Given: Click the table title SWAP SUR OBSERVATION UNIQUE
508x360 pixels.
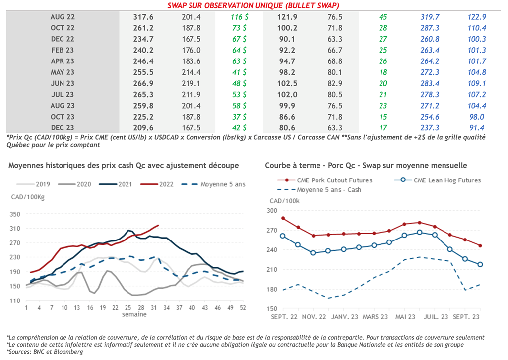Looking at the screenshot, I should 253,5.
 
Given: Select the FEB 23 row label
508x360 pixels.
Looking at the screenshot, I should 63,50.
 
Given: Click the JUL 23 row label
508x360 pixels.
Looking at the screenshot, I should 63,94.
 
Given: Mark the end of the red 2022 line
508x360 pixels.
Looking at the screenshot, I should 158,225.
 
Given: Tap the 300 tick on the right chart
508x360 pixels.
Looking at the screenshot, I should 272,211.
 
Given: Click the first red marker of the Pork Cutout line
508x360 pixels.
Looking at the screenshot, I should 283,218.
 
